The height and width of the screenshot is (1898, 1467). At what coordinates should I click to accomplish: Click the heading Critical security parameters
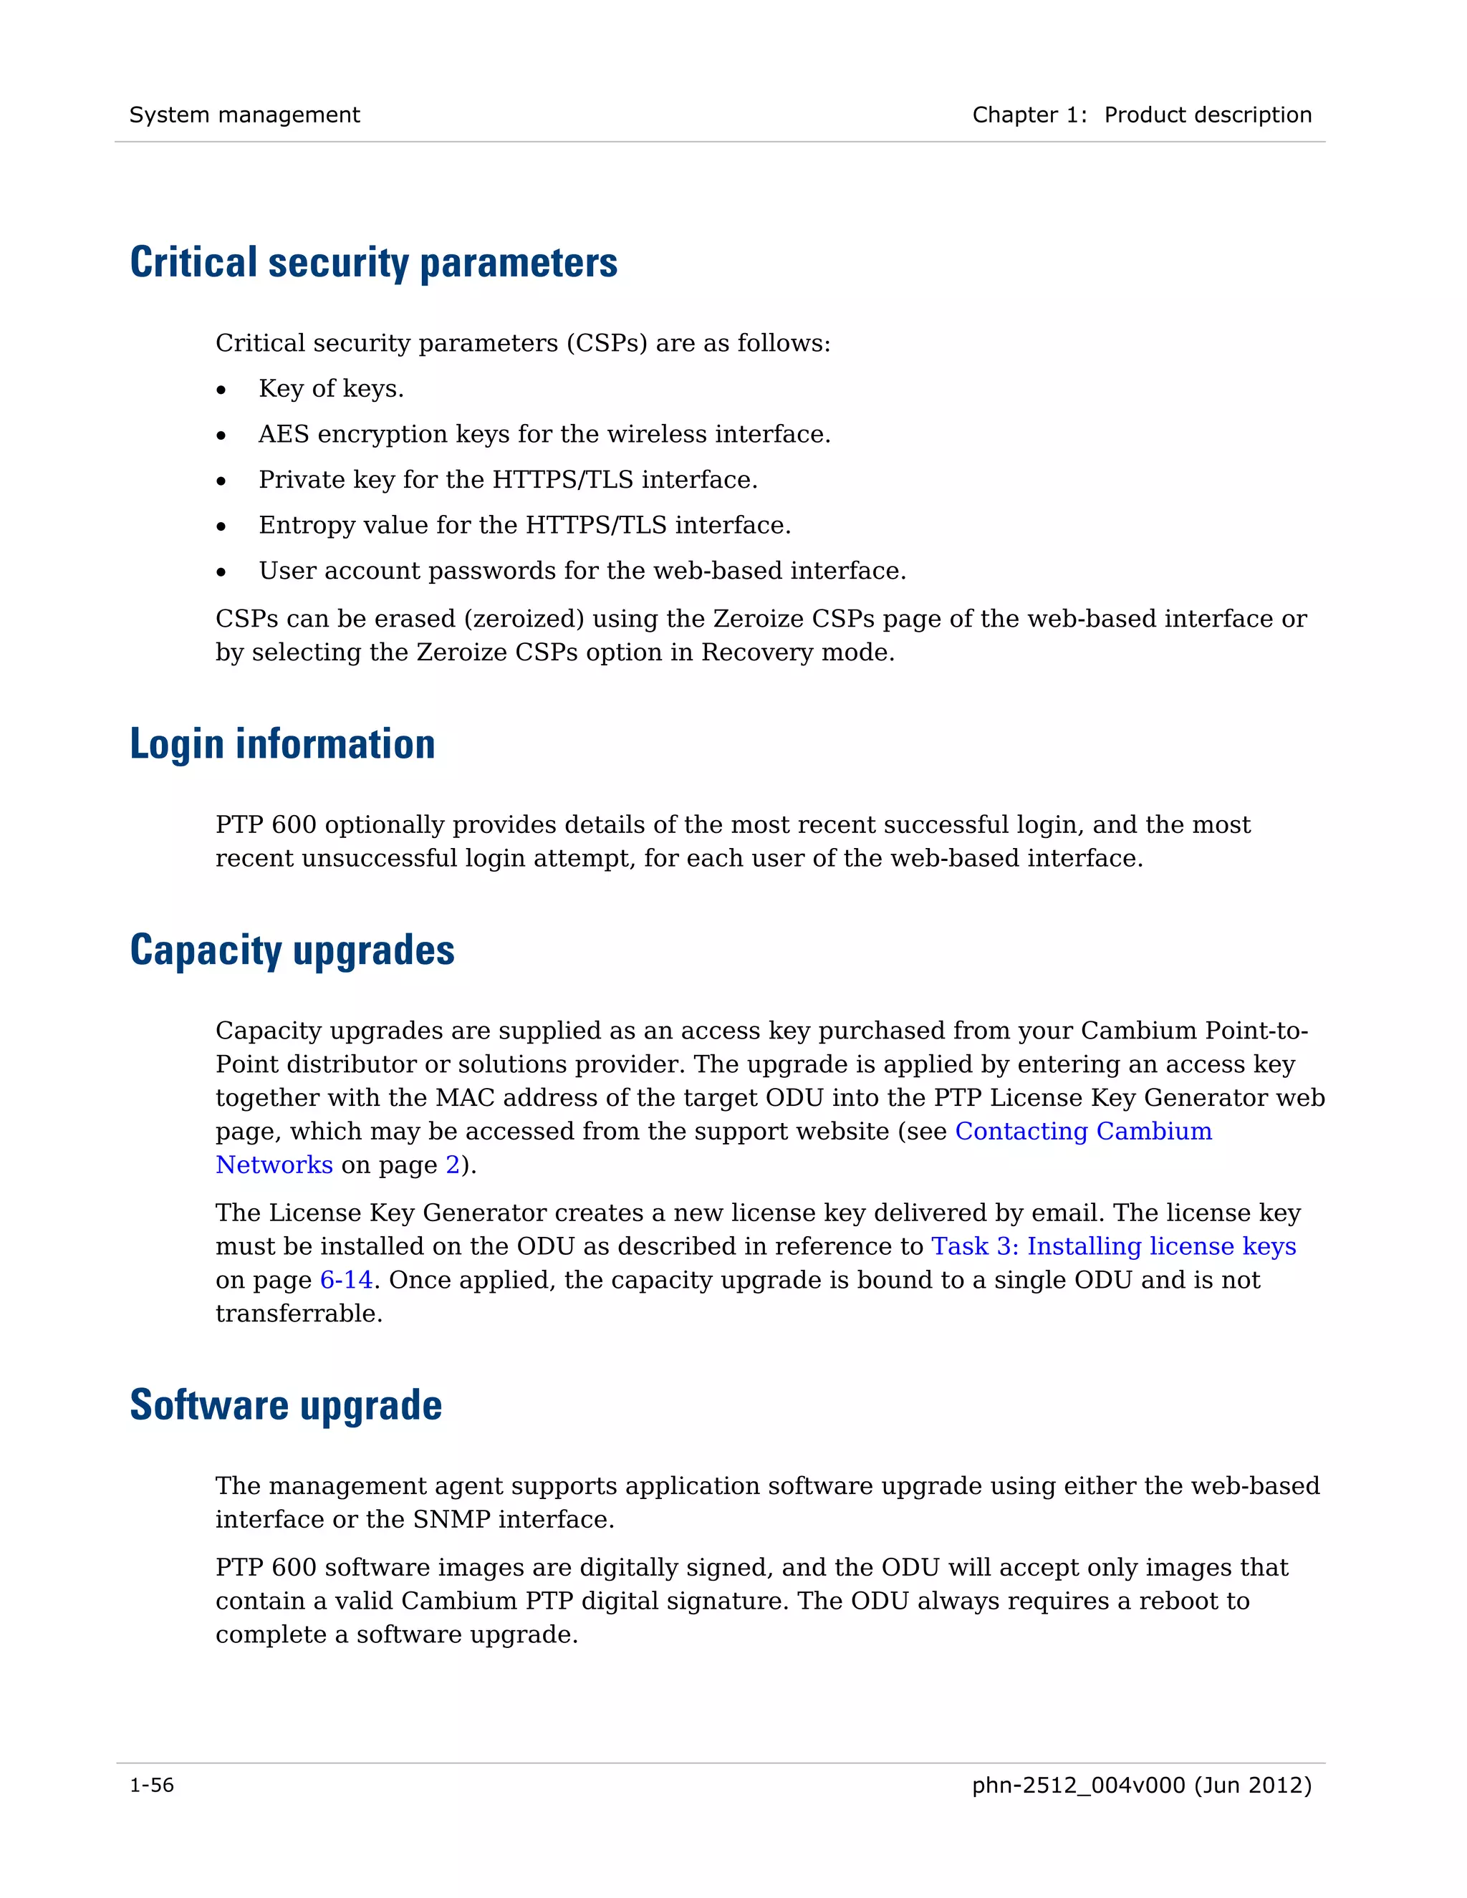pyautogui.click(x=374, y=262)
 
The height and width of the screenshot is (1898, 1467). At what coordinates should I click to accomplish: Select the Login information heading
pyautogui.click(x=282, y=744)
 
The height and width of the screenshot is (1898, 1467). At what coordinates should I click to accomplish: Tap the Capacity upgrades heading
pyautogui.click(x=292, y=950)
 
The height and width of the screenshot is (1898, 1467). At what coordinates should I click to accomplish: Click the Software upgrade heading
pyautogui.click(x=286, y=1405)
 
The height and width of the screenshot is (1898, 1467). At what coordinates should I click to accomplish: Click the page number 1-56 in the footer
pyautogui.click(x=152, y=1785)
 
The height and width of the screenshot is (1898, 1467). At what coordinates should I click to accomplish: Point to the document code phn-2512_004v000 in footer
pyautogui.click(x=1077, y=1785)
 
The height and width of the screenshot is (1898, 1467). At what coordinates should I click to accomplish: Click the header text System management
pyautogui.click(x=244, y=115)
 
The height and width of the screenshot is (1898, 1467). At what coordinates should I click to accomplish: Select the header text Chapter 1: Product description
pyautogui.click(x=1141, y=115)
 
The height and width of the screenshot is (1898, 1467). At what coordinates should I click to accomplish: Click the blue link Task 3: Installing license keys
pyautogui.click(x=1113, y=1246)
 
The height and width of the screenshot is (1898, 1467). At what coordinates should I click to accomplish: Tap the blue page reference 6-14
pyautogui.click(x=346, y=1280)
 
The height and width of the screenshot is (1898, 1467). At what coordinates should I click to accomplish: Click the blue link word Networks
pyautogui.click(x=274, y=1165)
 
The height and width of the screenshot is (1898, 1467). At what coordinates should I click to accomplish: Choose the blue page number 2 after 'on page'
pyautogui.click(x=452, y=1165)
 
